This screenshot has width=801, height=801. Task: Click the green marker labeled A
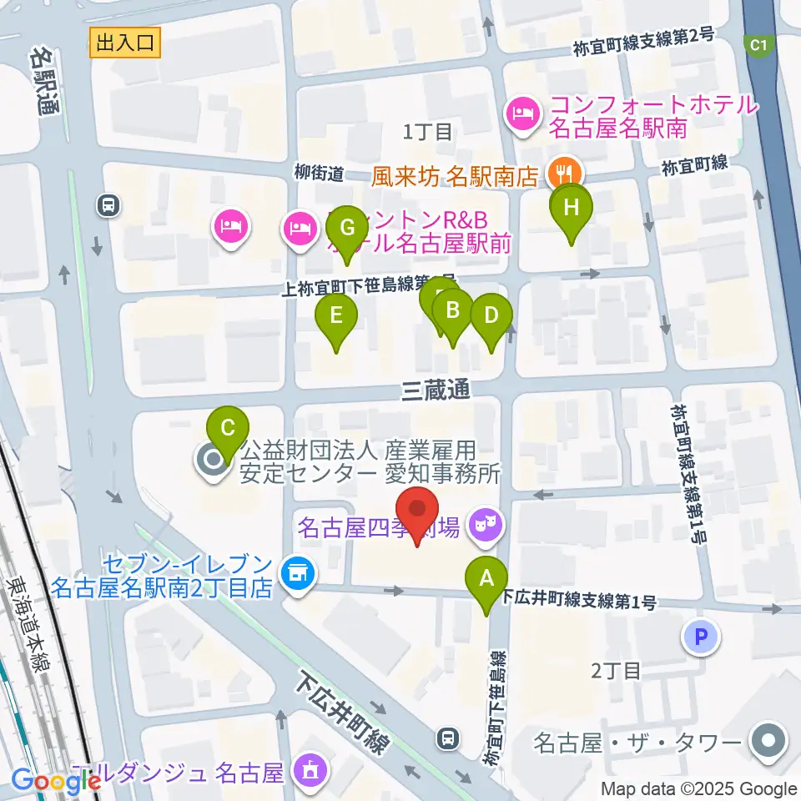489,578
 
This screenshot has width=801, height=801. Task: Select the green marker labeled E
335,317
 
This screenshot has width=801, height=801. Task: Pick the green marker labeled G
348,228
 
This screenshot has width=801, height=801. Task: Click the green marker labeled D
491,316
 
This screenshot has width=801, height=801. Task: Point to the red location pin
418,513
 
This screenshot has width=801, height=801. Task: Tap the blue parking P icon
701,638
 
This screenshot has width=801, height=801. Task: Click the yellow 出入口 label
125,43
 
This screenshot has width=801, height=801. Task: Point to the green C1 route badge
758,45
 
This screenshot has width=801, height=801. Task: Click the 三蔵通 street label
436,390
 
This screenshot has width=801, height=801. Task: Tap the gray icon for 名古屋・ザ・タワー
766,742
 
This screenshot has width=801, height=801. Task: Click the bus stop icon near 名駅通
108,205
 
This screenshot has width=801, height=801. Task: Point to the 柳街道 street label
319,174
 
